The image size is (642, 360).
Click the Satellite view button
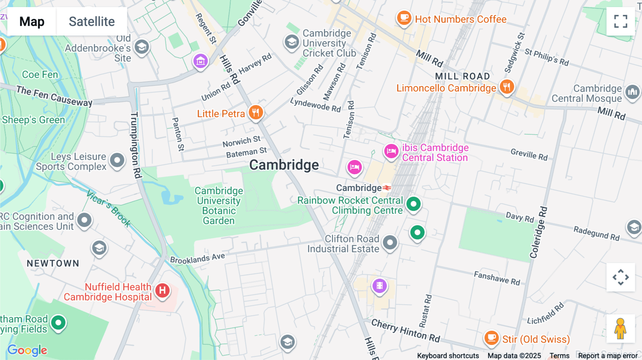pos(92,21)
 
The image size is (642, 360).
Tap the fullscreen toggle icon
pos(621,21)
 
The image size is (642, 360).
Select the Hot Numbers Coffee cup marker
pos(404,17)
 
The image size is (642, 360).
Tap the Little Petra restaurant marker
pos(255,113)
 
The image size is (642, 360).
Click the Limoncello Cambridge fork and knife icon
pos(506,87)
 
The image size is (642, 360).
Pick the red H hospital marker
pos(162,290)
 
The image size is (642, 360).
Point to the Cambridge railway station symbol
pos(387,188)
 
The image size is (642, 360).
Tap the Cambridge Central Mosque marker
pos(632,92)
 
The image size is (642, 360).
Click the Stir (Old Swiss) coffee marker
pos(491,337)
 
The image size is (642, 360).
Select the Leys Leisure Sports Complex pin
pos(117,160)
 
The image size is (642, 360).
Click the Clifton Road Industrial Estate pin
pos(390,243)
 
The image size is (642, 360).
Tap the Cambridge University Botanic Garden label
pos(219,206)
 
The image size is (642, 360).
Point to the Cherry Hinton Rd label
pos(406,330)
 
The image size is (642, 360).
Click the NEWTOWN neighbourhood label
pos(53,263)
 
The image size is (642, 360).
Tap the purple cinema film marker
pos(379,286)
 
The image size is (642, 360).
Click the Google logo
pos(27,350)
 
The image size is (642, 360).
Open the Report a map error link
pos(608,356)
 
